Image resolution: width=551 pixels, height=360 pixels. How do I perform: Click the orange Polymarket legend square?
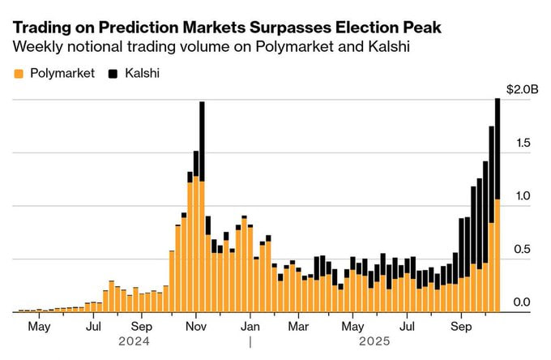click(19, 74)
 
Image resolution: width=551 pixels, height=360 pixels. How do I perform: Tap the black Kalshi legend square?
click(112, 74)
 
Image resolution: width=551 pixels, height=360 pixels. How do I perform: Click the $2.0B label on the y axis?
click(521, 89)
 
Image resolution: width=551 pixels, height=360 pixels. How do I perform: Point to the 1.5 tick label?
click(526, 143)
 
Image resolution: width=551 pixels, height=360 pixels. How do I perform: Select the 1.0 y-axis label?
click(526, 196)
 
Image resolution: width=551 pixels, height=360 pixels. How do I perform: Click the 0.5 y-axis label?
click(526, 249)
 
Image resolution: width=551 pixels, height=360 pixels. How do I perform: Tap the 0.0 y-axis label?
click(526, 302)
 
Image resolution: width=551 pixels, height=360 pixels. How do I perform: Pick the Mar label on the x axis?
click(299, 327)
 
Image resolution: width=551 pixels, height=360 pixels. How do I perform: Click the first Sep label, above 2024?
click(142, 327)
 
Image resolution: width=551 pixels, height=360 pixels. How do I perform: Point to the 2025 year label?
click(374, 342)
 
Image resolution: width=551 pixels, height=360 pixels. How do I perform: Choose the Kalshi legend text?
click(142, 74)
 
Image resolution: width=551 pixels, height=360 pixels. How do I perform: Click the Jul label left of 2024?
click(94, 327)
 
